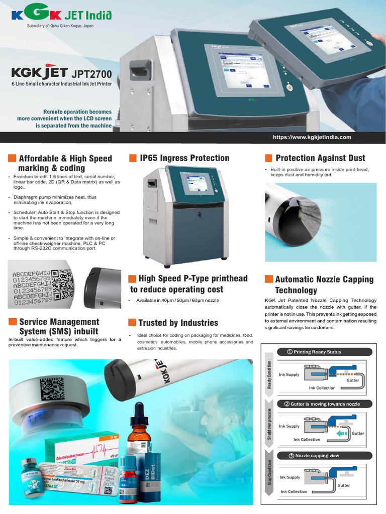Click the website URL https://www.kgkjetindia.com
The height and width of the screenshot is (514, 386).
point(312,137)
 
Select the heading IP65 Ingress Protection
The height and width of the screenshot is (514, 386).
point(184,158)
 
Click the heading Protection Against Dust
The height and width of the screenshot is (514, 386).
point(320,158)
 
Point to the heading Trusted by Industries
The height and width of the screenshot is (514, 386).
point(178,323)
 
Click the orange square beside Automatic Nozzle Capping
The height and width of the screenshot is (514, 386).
point(268,279)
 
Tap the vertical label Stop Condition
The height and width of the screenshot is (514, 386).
point(269,473)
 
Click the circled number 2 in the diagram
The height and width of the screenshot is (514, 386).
point(286,404)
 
